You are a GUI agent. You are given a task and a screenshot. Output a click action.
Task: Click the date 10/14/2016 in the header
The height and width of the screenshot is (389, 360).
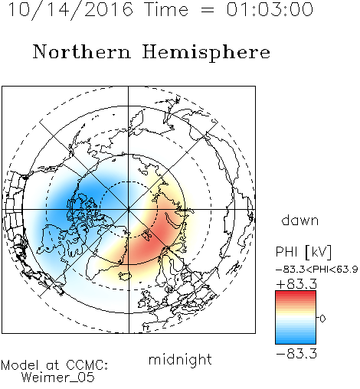click(x=70, y=9)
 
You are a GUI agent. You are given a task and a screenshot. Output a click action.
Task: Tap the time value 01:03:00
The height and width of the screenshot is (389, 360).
click(x=270, y=9)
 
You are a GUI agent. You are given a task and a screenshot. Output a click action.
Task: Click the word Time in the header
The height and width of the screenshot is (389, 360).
click(x=166, y=9)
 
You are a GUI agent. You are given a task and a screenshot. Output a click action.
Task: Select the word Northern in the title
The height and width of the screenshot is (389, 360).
click(x=82, y=51)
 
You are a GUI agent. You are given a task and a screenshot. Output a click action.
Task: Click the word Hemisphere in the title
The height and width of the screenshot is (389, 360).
click(x=206, y=53)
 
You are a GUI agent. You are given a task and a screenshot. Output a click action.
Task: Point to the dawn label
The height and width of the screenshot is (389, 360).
click(x=300, y=220)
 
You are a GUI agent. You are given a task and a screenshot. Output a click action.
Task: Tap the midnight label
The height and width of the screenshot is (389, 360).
click(x=180, y=359)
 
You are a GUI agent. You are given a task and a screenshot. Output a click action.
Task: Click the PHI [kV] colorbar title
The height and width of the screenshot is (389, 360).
click(x=303, y=252)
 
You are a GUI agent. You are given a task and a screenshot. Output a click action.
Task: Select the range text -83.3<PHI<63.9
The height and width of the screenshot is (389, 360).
click(x=317, y=270)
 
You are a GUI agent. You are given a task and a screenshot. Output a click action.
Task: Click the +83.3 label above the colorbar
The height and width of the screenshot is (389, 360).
click(x=296, y=284)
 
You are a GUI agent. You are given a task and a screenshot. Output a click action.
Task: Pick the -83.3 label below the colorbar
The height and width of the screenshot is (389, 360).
click(x=296, y=354)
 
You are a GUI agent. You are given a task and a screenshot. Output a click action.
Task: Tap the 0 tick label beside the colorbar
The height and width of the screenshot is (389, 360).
click(x=322, y=319)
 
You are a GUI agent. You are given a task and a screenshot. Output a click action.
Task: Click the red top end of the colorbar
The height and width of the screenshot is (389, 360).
click(x=296, y=293)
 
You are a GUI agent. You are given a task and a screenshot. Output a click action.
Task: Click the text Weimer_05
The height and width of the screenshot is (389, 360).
click(x=58, y=378)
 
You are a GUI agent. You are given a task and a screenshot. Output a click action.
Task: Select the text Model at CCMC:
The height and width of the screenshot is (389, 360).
click(x=54, y=365)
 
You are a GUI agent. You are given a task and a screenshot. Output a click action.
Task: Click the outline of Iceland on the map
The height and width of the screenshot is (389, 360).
click(x=125, y=276)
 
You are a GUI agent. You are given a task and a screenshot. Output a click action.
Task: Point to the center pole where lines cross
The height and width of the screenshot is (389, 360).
click(x=128, y=210)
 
